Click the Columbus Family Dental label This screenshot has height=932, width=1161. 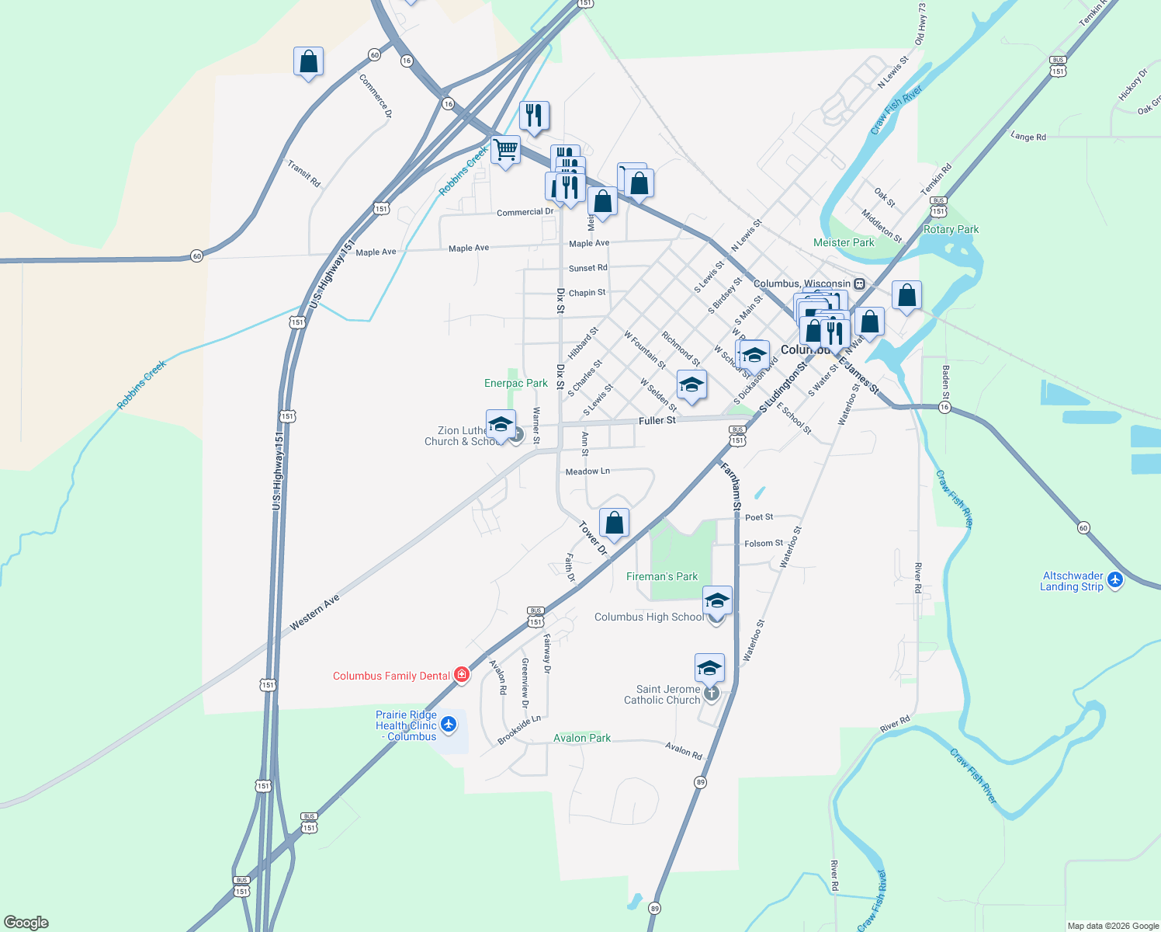[391, 676]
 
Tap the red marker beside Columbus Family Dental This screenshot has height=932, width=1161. [462, 675]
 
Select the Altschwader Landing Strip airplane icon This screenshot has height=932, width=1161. [1115, 580]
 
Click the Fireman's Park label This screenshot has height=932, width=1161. [662, 576]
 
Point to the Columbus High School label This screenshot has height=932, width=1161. [649, 617]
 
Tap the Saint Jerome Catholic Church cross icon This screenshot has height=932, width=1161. [711, 692]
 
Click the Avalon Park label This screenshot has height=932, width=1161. [582, 738]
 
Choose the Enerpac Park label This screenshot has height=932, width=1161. [516, 383]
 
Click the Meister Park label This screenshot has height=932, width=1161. [844, 242]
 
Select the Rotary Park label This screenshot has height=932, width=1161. [951, 229]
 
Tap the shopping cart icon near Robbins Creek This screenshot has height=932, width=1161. [505, 149]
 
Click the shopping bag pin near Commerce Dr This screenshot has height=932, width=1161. [308, 61]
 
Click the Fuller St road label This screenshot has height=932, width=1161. [657, 420]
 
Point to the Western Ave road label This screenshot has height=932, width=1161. [315, 613]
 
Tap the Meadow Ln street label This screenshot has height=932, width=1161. [587, 471]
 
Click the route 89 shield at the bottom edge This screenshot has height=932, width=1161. [655, 908]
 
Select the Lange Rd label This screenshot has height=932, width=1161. [1028, 137]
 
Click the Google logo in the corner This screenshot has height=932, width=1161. [26, 923]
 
